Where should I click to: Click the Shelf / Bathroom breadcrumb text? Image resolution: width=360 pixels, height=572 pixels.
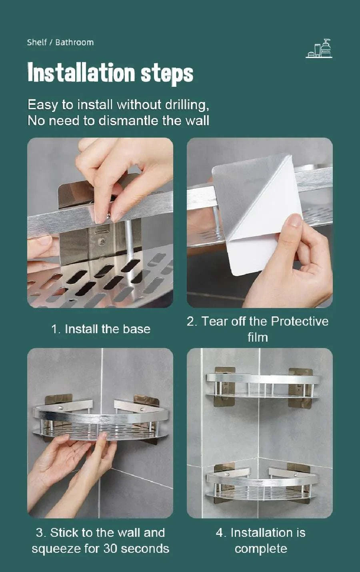tap(60, 42)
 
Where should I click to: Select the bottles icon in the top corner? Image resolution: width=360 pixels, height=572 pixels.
tap(319, 49)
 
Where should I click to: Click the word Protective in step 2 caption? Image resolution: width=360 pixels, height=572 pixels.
tap(299, 321)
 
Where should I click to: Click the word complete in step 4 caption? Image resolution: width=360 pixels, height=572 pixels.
tap(261, 548)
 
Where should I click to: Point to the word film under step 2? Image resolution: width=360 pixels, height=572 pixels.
tap(258, 337)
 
